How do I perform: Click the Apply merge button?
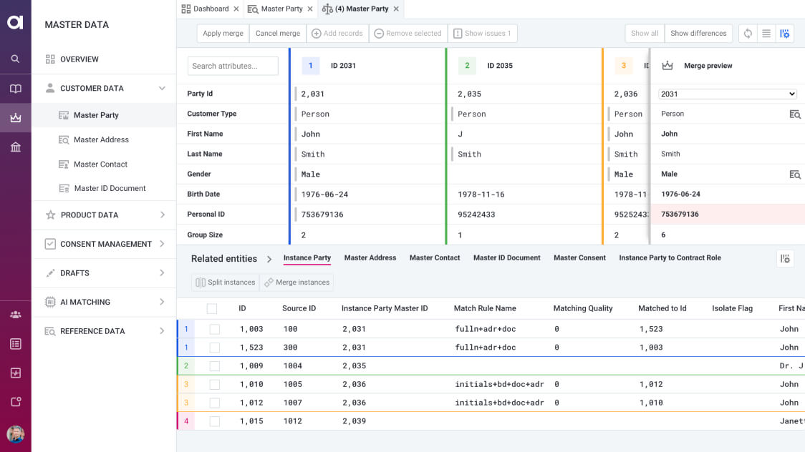pyautogui.click(x=223, y=34)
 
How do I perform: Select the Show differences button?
pyautogui.click(x=698, y=34)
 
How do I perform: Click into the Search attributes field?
pyautogui.click(x=233, y=66)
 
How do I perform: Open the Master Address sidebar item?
pyautogui.click(x=101, y=140)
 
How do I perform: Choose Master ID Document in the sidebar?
pyautogui.click(x=110, y=189)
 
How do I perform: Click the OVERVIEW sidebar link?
pyautogui.click(x=79, y=59)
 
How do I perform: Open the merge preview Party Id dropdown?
pyautogui.click(x=727, y=94)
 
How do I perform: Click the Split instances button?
pyautogui.click(x=226, y=282)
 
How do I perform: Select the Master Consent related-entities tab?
pyautogui.click(x=579, y=258)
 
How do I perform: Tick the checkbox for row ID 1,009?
pyautogui.click(x=215, y=366)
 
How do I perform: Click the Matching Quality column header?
pyautogui.click(x=582, y=309)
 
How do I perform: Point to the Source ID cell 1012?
pyautogui.click(x=292, y=421)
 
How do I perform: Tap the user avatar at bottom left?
pyautogui.click(x=15, y=434)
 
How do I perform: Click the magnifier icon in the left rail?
pyautogui.click(x=15, y=59)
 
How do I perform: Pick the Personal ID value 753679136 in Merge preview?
pyautogui.click(x=680, y=215)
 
